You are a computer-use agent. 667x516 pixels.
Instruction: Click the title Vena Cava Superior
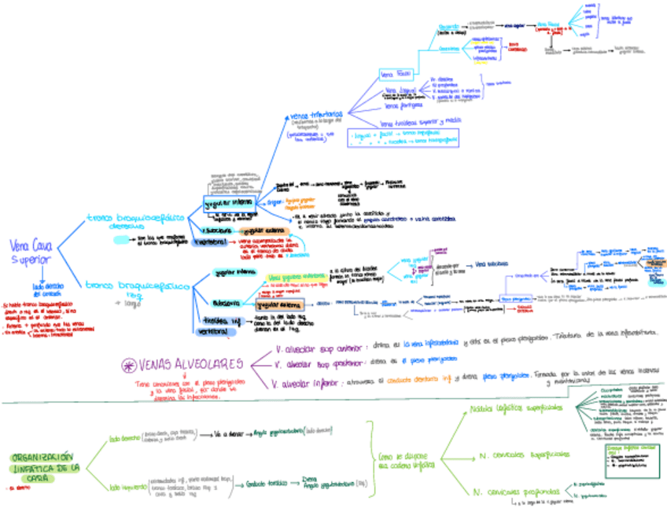[x=31, y=252]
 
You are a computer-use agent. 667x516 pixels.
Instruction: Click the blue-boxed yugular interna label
[x=227, y=204]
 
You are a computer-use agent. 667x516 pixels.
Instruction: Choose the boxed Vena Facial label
[x=396, y=75]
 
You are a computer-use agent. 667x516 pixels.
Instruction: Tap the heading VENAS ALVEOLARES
[x=189, y=364]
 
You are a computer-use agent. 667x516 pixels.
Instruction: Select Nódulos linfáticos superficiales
[x=515, y=409]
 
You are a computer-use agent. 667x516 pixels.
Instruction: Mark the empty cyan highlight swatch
[x=125, y=239]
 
